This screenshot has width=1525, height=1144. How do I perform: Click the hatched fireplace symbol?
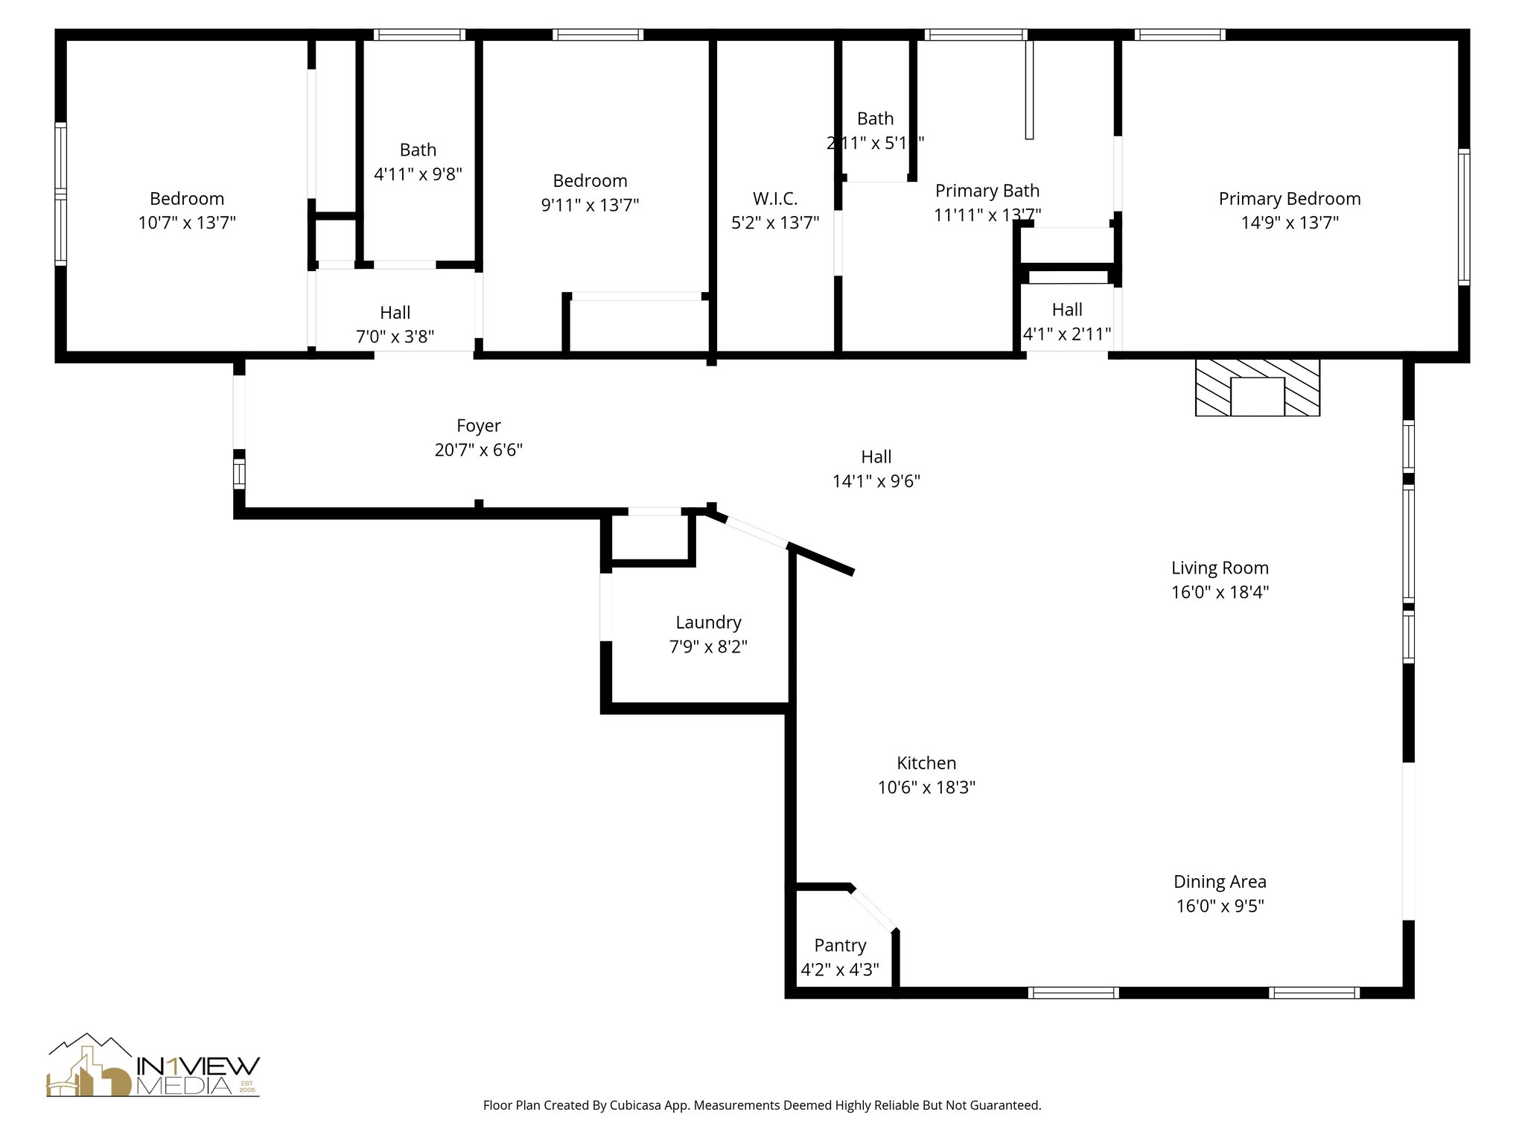click(1257, 388)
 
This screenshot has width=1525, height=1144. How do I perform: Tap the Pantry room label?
click(840, 946)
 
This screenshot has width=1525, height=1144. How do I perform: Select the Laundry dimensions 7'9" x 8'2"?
click(708, 646)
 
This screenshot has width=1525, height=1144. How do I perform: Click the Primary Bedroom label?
click(1290, 199)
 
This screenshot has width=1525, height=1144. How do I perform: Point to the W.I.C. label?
click(775, 199)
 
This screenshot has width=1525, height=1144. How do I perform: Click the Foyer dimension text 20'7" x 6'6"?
click(479, 450)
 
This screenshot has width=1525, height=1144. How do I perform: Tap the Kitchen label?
click(926, 763)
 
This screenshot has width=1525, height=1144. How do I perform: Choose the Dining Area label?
click(1220, 882)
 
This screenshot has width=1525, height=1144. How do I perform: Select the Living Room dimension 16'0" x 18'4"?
click(1220, 592)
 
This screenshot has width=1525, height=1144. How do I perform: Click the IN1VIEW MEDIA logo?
click(153, 1066)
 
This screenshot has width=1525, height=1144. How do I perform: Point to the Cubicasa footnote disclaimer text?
click(762, 1105)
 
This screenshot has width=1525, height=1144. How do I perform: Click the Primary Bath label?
click(987, 191)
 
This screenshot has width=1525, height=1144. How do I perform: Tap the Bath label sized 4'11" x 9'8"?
click(418, 150)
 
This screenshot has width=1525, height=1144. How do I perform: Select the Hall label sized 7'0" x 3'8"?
click(395, 313)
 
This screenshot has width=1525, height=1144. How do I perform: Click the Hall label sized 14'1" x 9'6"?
click(876, 457)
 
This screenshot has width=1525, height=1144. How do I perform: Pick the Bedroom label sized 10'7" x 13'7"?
click(187, 199)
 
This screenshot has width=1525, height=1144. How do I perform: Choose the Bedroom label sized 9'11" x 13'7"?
click(590, 181)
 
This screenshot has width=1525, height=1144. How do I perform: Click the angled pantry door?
click(873, 909)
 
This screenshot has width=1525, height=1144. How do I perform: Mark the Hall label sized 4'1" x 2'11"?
click(1067, 310)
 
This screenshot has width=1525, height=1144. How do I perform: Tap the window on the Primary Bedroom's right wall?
click(1463, 216)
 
